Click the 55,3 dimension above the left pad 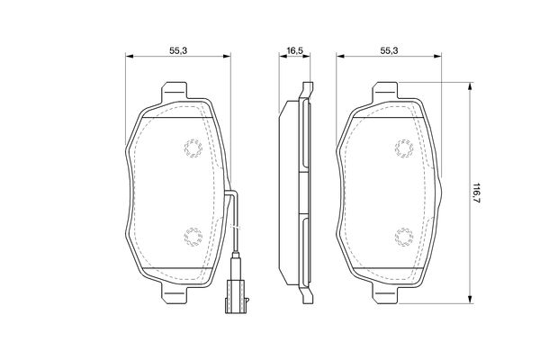coord(178,50)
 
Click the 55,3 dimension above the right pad coord(389,50)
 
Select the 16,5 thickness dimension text coord(294,50)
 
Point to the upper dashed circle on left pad coord(193,148)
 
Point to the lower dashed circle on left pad coord(193,237)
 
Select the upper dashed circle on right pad coord(404,148)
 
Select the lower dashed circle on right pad coord(404,237)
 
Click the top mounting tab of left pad coord(175,91)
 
